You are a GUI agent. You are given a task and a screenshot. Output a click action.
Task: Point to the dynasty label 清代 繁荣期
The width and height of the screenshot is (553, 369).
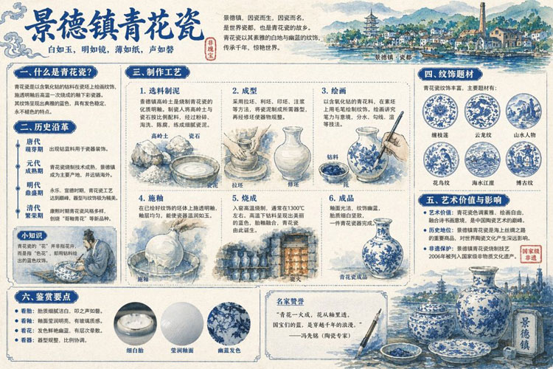pyautogui.click(x=33, y=213)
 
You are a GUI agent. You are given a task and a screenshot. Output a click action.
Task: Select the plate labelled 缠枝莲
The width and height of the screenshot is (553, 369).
pyautogui.click(x=439, y=112)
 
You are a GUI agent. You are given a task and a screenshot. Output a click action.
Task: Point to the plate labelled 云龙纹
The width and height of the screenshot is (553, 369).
pyautogui.click(x=482, y=112)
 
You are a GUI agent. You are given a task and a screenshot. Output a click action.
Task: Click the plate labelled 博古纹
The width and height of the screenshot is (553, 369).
pyautogui.click(x=524, y=158)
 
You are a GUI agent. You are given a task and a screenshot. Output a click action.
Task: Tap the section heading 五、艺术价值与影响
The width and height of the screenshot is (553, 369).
pyautogui.click(x=463, y=199)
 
